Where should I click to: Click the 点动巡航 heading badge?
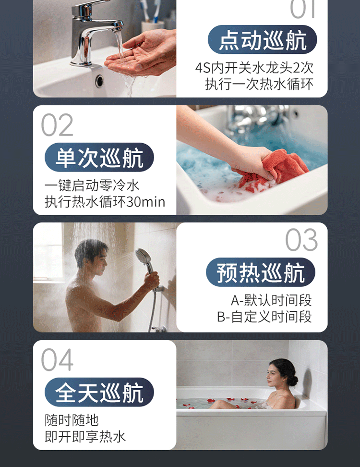[262, 39]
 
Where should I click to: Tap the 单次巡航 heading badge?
[99, 157]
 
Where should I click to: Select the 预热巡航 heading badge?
[261, 272]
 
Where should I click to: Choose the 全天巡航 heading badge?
[99, 392]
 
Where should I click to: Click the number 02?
[57, 125]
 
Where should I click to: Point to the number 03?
[301, 240]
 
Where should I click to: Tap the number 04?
[57, 360]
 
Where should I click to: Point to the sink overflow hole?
[99, 81]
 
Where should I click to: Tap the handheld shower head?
[144, 258]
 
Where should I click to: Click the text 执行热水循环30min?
[105, 202]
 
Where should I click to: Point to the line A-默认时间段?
[271, 300]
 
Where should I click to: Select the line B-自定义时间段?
[264, 317]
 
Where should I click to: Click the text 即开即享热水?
[85, 437]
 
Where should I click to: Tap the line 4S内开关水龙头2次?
[254, 68]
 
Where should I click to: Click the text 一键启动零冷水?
[92, 185]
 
